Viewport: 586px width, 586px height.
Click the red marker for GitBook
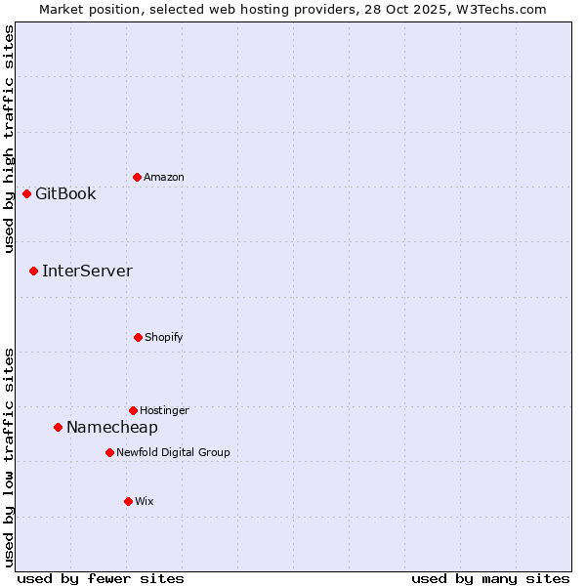tap(26, 193)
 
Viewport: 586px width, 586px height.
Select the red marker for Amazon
tap(137, 177)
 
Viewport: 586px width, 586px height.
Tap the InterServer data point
tap(33, 271)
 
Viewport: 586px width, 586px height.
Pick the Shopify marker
tap(138, 337)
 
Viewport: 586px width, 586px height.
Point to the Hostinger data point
tap(133, 410)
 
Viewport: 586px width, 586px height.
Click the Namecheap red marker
tap(58, 427)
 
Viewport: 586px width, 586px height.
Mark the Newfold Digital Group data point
tap(109, 452)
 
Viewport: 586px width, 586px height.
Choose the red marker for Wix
tap(128, 501)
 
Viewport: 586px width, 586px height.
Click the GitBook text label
tap(65, 193)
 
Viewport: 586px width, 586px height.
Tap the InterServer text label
tap(87, 271)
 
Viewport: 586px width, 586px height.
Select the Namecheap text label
tap(111, 427)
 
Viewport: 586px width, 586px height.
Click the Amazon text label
tap(164, 177)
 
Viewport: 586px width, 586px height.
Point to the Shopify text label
tap(164, 337)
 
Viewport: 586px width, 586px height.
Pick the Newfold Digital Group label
tap(173, 452)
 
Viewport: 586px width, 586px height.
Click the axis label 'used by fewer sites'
tap(101, 578)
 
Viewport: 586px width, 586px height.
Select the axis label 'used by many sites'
tap(490, 578)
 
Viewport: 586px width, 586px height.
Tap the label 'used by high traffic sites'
tap(9, 139)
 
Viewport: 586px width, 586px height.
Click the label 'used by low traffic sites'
tap(9, 457)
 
